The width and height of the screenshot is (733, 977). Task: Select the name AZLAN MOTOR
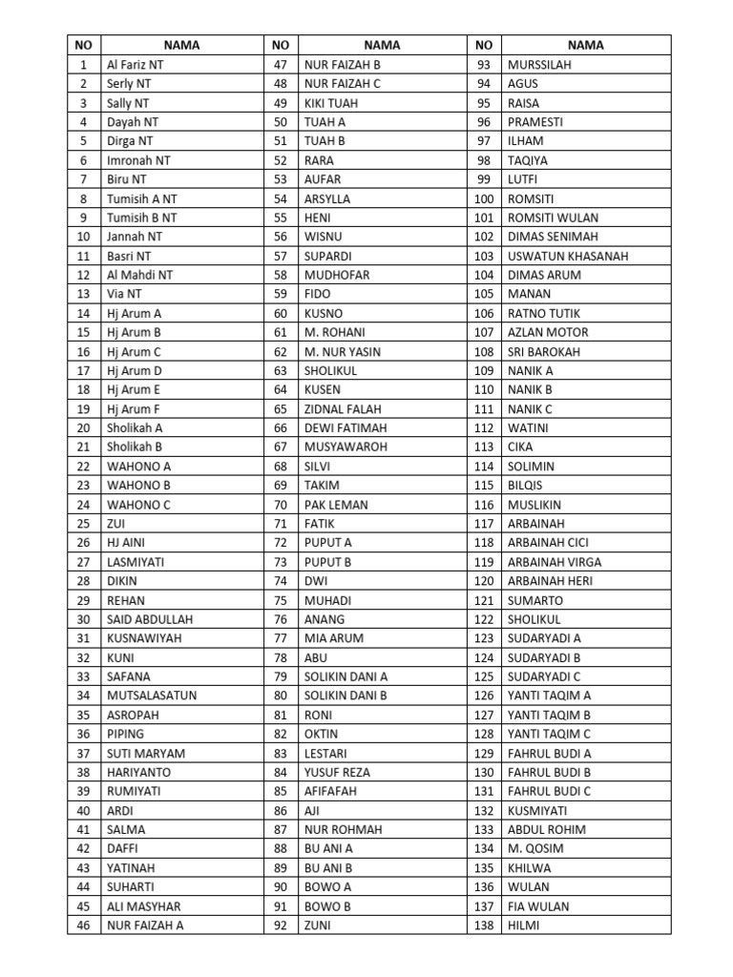(548, 332)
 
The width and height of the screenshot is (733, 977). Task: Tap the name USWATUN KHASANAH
(568, 256)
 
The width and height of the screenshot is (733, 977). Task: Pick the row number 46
(84, 925)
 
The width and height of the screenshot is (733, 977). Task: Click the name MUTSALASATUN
(152, 696)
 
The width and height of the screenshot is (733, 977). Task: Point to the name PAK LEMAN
(336, 505)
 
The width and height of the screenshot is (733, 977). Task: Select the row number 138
(484, 925)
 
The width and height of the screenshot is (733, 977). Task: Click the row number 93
(484, 65)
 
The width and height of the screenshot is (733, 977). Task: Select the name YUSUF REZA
(337, 772)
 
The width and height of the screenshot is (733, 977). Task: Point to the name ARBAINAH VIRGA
(555, 562)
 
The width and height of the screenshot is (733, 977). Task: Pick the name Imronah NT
(138, 160)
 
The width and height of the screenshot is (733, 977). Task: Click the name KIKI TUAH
(330, 103)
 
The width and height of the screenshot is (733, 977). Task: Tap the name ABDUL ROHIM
(547, 829)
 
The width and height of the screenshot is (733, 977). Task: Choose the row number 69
(280, 486)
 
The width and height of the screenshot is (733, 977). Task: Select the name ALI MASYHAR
(143, 906)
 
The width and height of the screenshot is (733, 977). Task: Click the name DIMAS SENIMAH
(553, 237)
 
